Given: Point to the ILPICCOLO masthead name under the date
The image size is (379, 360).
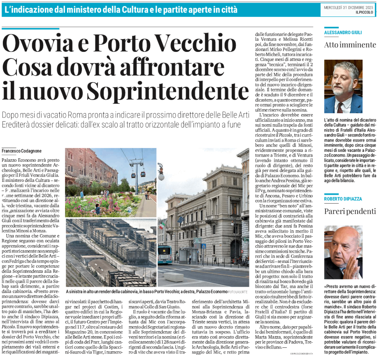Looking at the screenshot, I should [364, 12].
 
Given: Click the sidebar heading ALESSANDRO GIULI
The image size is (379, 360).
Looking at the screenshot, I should [343, 32].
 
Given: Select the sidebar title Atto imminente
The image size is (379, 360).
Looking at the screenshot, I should [350, 45].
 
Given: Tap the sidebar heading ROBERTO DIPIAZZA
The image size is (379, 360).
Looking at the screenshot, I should [343, 199].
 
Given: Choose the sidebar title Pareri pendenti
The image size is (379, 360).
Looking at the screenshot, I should [350, 211].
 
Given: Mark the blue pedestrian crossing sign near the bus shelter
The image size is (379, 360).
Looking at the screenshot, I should [203, 246].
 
